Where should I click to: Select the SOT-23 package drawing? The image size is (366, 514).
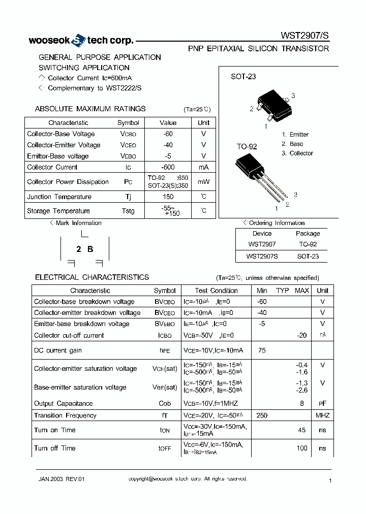tap(275, 105)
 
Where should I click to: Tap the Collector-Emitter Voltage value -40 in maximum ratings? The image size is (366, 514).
tap(168, 145)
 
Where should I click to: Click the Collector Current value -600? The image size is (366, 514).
tap(168, 167)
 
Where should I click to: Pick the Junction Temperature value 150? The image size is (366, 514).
tap(168, 197)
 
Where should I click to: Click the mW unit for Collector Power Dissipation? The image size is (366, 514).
tap(203, 182)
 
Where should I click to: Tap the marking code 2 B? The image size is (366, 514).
tap(84, 249)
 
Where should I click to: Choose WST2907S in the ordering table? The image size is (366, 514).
tap(262, 256)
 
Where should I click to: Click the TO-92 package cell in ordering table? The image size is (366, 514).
tap(308, 245)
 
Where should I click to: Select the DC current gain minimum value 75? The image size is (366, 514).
tap(262, 350)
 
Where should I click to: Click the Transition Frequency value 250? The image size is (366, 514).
tap(262, 415)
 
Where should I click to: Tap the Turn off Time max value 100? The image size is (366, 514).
tap(301, 448)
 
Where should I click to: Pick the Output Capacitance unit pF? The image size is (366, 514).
tap(322, 404)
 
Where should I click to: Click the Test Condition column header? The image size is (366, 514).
tap(216, 291)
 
